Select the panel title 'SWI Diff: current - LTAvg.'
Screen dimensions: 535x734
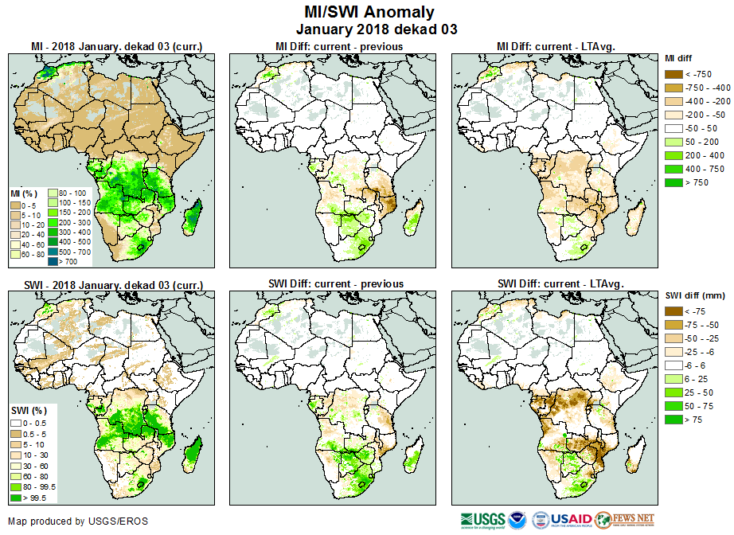click(560, 283)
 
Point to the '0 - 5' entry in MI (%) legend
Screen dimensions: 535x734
click(16, 205)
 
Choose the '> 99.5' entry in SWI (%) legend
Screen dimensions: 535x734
click(16, 498)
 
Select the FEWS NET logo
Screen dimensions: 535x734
click(624, 520)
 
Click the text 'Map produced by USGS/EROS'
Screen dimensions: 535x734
click(78, 521)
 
